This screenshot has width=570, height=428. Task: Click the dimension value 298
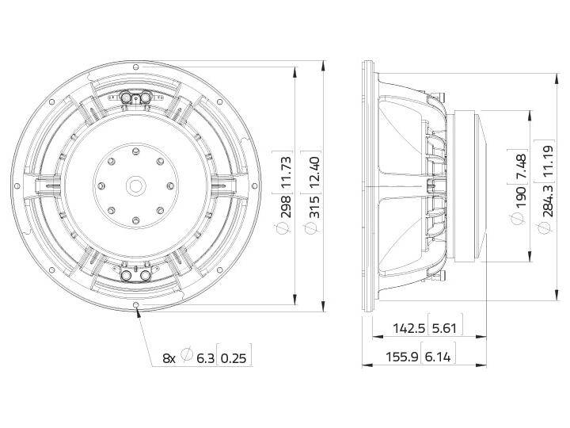click(x=287, y=204)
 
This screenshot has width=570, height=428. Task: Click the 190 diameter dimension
click(x=521, y=197)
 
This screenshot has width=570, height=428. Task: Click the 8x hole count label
click(x=169, y=358)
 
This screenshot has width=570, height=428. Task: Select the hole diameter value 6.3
click(x=204, y=358)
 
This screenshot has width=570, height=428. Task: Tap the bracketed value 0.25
click(x=234, y=358)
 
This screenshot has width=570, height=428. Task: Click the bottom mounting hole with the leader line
click(x=138, y=305)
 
